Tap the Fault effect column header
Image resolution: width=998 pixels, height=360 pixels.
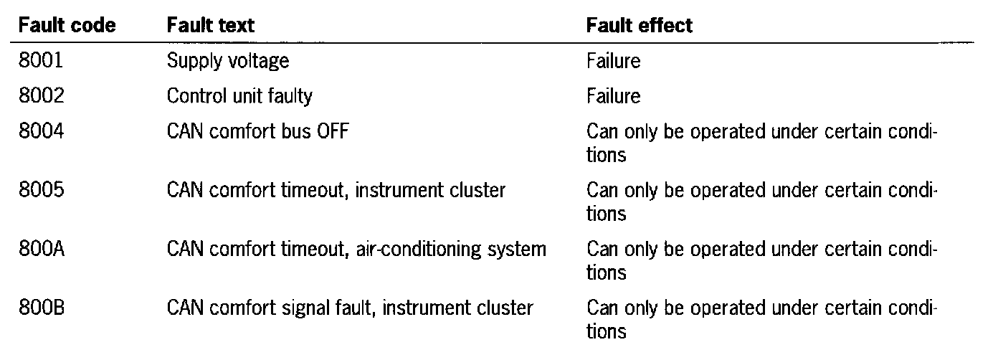(x=640, y=26)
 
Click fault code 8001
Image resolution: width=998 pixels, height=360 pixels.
(x=42, y=61)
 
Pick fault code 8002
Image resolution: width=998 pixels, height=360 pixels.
(x=42, y=95)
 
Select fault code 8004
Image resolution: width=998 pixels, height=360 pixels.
(x=42, y=133)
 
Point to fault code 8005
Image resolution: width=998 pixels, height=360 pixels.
(x=42, y=191)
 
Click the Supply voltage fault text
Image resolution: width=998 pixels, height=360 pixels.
(x=228, y=61)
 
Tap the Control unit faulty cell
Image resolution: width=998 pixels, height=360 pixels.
(x=239, y=95)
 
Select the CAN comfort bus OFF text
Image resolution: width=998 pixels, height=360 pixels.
(x=258, y=133)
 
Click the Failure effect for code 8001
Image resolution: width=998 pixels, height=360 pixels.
(x=613, y=61)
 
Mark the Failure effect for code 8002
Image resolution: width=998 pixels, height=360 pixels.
(x=613, y=95)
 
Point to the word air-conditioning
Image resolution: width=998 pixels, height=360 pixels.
(x=413, y=250)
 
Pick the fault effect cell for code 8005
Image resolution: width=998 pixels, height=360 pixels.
(x=762, y=202)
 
